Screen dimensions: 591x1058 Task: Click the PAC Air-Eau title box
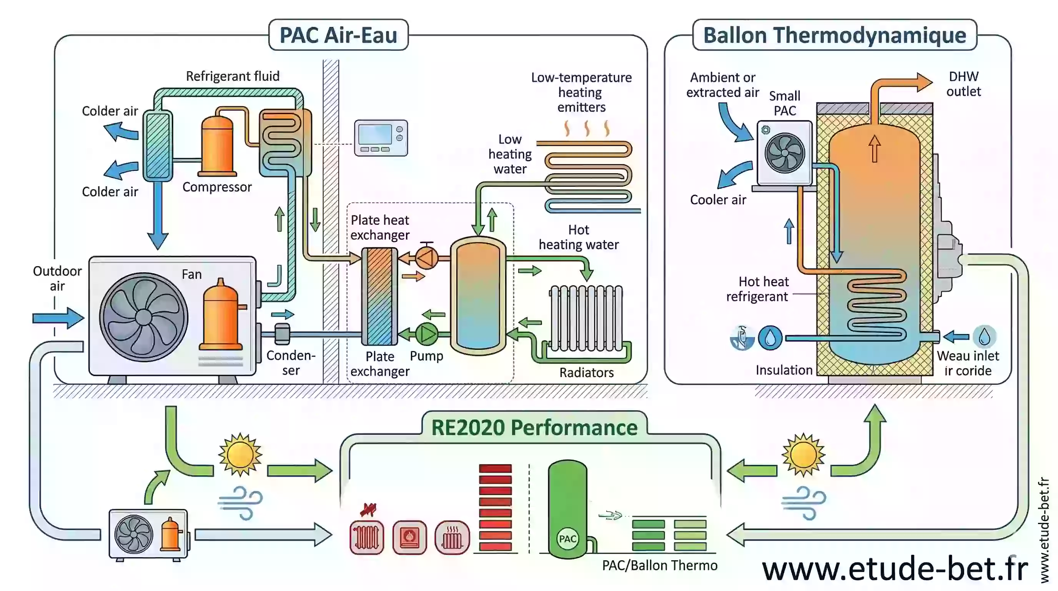pos(338,35)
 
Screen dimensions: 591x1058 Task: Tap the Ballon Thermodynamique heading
pos(834,35)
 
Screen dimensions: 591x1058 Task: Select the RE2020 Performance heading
pos(534,427)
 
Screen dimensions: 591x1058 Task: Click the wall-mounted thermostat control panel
pos(381,138)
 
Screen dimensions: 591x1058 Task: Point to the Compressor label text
pos(217,187)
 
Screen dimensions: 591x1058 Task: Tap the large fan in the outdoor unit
pos(143,317)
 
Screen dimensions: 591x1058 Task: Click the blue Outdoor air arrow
pos(58,318)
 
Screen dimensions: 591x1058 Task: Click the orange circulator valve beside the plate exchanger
pos(426,258)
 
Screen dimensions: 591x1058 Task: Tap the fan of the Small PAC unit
pos(784,153)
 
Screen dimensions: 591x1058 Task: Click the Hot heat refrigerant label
pos(758,289)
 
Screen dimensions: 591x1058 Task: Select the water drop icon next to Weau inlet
pos(985,337)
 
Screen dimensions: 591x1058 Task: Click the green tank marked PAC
pos(567,510)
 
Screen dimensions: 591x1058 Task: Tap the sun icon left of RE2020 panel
pos(240,454)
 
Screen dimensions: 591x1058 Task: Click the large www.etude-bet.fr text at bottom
pos(895,569)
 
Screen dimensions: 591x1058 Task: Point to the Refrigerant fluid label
pos(233,76)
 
